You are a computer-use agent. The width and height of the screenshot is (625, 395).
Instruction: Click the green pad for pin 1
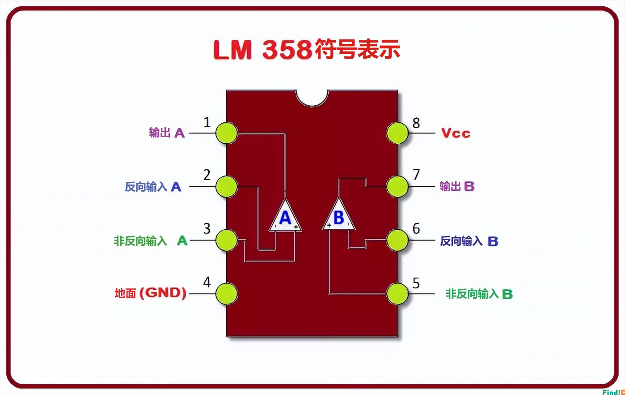(226, 133)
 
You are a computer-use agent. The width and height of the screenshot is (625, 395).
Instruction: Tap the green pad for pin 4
(226, 294)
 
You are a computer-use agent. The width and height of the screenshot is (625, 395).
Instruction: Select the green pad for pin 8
(397, 133)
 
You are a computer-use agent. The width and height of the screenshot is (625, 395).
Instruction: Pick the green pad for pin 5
(397, 294)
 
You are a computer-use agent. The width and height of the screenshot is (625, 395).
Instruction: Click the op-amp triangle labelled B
(338, 217)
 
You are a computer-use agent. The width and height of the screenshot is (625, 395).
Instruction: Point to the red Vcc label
(456, 133)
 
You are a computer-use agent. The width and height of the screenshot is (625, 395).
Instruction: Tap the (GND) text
(163, 293)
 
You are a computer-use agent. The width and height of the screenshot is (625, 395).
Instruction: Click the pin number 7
(416, 175)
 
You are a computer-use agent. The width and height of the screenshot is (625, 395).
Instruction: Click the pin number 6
(416, 229)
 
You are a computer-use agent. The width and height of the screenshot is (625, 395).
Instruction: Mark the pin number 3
(207, 229)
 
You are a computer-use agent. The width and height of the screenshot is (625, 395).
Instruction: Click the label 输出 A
(167, 133)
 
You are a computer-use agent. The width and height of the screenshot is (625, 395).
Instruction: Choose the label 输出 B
(457, 186)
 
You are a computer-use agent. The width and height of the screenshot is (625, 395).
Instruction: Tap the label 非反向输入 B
(479, 294)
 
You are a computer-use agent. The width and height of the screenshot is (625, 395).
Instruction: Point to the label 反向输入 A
(153, 187)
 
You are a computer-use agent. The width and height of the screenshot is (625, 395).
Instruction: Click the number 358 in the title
(287, 50)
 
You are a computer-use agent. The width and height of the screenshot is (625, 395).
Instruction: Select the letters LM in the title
(232, 50)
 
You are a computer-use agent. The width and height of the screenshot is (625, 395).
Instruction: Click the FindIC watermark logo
(613, 392)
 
